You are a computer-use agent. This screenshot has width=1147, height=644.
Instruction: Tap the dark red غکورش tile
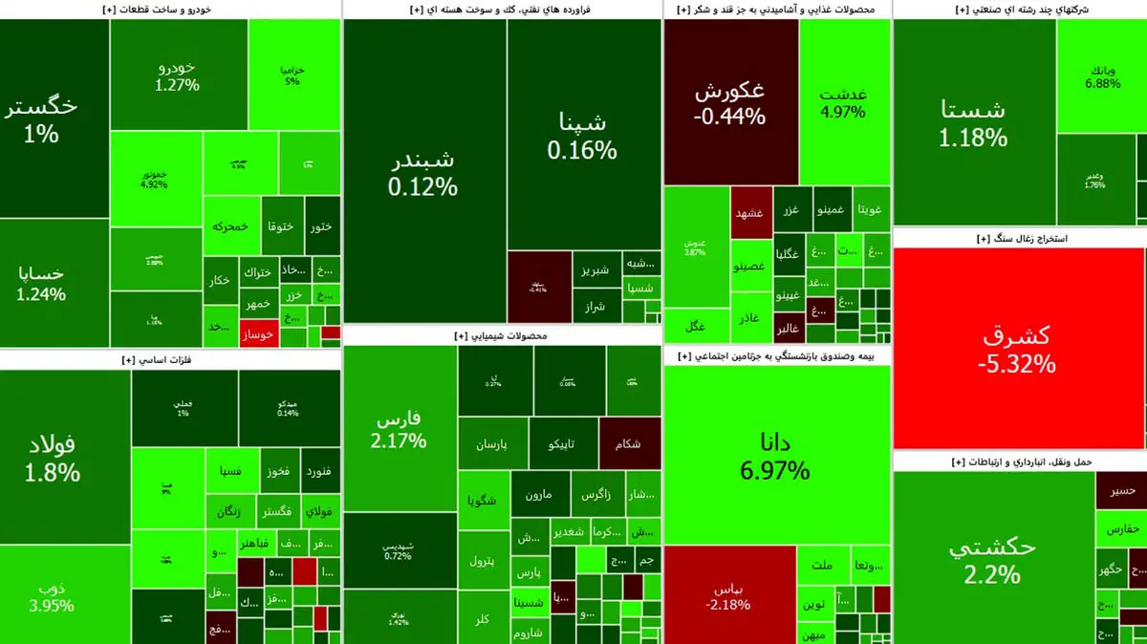tap(730, 102)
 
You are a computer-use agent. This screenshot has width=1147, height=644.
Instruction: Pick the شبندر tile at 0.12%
tap(423, 172)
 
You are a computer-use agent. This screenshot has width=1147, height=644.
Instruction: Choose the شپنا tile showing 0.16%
tap(583, 134)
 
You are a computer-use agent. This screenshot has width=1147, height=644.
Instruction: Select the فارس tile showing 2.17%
tap(400, 430)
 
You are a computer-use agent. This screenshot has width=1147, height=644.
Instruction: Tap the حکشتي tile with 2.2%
tap(992, 559)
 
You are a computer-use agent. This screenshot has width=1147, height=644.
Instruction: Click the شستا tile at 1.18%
tap(973, 122)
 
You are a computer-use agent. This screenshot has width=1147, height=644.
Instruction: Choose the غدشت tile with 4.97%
tap(843, 102)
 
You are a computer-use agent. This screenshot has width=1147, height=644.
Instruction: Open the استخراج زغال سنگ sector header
tap(1019, 239)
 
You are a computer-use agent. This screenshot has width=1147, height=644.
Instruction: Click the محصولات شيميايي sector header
tap(502, 336)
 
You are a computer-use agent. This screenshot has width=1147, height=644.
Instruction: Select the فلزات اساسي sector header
tap(170, 360)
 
